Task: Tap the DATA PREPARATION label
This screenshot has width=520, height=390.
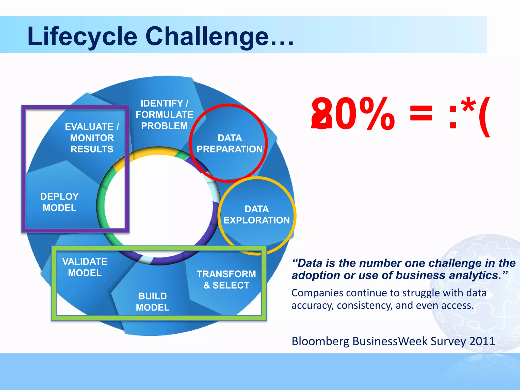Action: pyautogui.click(x=230, y=143)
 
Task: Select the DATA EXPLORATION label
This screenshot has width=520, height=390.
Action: pyautogui.click(x=256, y=215)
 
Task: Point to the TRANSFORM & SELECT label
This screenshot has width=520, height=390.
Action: pyautogui.click(x=226, y=280)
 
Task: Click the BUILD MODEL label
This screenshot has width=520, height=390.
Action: pyautogui.click(x=153, y=302)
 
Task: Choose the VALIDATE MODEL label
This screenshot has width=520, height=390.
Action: pyautogui.click(x=85, y=267)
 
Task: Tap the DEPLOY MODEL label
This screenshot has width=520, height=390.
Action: pyautogui.click(x=59, y=202)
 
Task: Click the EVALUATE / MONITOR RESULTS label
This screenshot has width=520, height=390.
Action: pyautogui.click(x=92, y=138)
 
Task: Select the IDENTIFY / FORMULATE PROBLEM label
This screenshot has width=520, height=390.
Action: pyautogui.click(x=164, y=115)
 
